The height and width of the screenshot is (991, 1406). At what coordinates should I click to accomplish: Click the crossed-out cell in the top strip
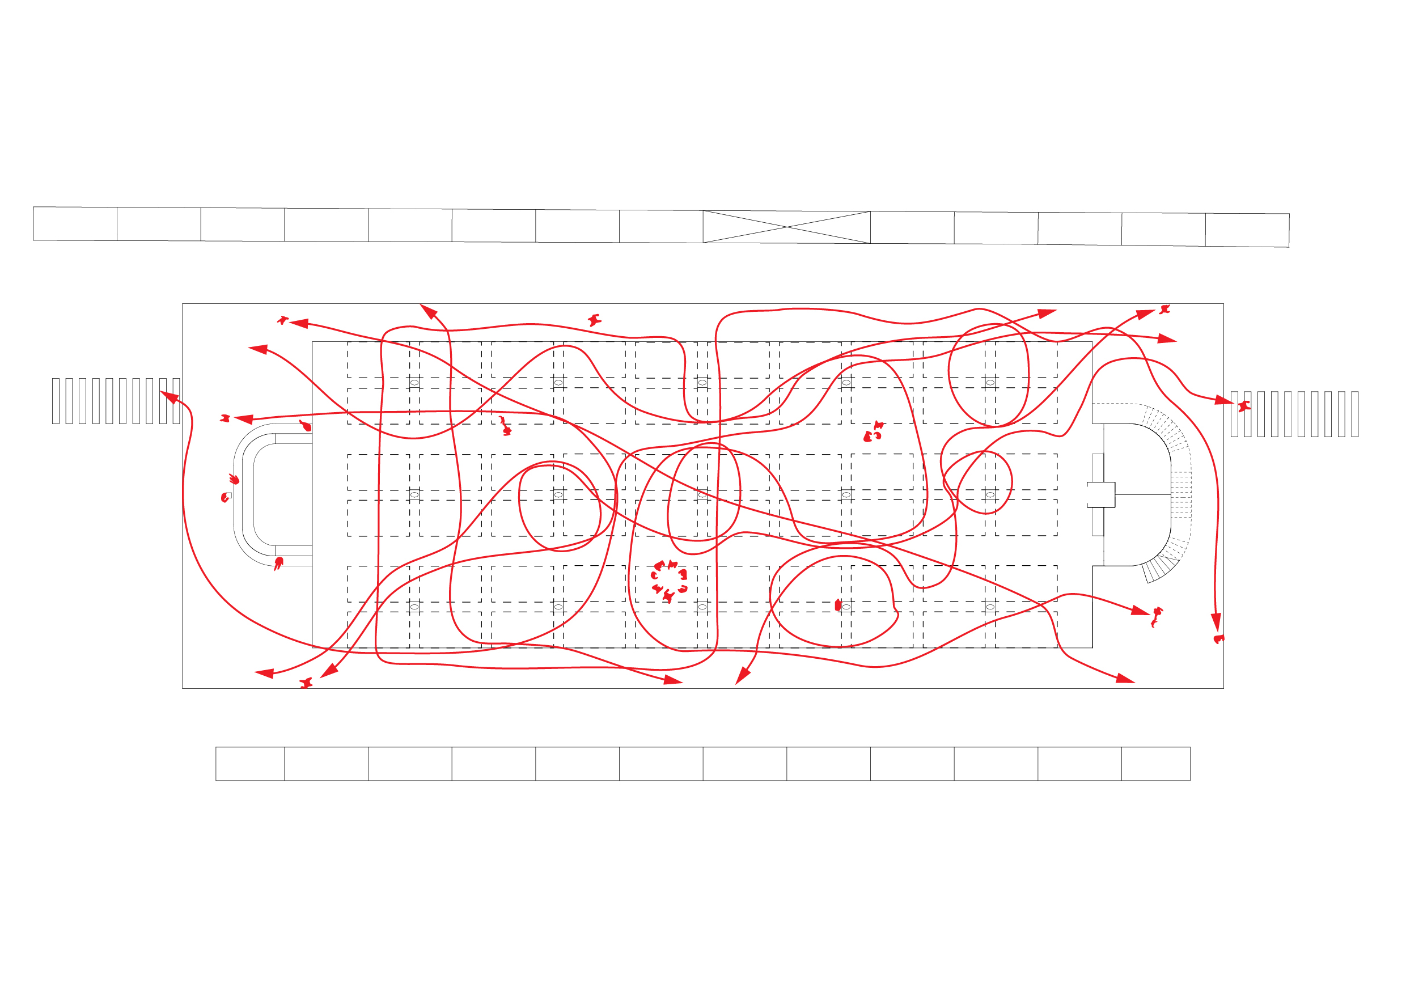786,227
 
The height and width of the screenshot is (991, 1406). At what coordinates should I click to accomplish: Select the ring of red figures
669,580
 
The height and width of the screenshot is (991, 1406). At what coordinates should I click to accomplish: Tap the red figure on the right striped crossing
1244,405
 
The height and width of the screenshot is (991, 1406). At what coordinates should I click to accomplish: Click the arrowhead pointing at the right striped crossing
1223,401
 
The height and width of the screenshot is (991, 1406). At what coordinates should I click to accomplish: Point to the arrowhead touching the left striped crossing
168,397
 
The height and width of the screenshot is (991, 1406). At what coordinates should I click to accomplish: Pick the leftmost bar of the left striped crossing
56,401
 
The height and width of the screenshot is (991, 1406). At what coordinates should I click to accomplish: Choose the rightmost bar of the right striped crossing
1354,414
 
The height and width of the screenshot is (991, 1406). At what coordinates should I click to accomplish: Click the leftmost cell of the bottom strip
250,764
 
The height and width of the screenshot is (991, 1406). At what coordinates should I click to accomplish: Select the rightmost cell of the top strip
1247,230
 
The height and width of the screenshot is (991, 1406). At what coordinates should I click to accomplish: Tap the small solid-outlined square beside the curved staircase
1100,494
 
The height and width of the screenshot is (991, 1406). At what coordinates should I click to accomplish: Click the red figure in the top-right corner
1164,310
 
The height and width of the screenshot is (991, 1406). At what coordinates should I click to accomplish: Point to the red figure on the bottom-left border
306,683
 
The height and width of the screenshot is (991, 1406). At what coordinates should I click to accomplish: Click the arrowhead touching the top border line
428,311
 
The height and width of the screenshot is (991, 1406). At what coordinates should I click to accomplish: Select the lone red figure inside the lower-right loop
838,605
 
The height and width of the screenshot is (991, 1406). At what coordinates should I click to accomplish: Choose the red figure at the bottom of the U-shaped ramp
278,562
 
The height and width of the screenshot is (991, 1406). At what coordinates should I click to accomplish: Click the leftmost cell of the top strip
75,223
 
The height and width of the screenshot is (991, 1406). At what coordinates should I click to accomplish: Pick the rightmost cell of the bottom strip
1155,764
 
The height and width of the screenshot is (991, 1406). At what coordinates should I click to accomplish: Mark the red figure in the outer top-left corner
282,320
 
